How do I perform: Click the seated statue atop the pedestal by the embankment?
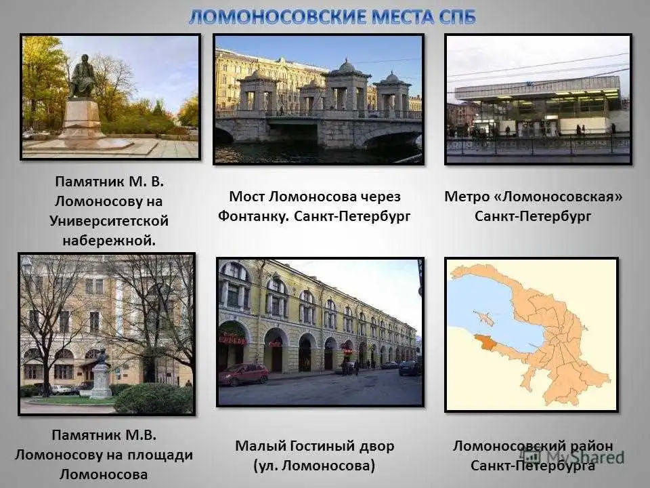point(83,76)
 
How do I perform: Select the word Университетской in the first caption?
point(109,221)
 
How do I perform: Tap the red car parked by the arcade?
point(244,374)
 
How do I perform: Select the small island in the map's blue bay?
point(484,319)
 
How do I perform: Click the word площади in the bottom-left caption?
point(160,455)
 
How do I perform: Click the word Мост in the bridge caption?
point(246,197)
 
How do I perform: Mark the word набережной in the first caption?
point(109,241)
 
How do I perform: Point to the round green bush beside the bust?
point(152,399)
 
